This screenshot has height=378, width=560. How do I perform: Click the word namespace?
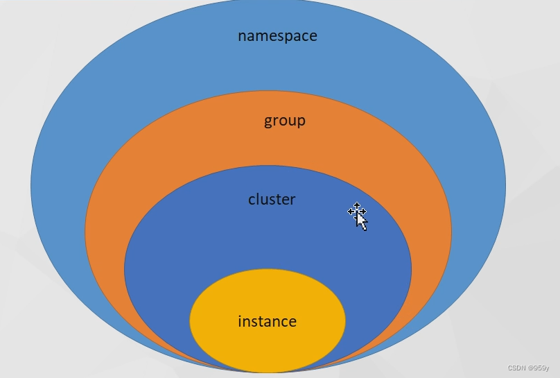[x=277, y=36]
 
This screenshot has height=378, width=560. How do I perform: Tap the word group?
[x=284, y=121]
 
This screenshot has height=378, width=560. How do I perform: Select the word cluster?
[x=272, y=200]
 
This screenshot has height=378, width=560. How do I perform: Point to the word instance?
[x=267, y=322]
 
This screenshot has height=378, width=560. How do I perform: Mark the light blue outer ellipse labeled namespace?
[x=83, y=139]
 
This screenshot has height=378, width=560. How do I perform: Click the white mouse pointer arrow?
[x=361, y=221]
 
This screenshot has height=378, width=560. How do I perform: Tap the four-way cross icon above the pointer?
[x=356, y=209]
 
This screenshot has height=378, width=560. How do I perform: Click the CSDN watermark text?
[x=516, y=368]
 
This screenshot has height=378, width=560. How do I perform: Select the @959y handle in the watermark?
[x=539, y=368]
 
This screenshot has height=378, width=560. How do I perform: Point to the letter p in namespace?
[x=286, y=37]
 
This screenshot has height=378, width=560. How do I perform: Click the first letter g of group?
[x=268, y=122]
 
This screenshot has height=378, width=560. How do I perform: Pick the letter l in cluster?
[x=259, y=199]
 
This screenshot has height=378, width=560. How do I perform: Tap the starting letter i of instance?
[x=240, y=321]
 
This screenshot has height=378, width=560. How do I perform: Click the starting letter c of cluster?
[x=252, y=200]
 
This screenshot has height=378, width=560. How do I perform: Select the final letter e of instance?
[x=292, y=323]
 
